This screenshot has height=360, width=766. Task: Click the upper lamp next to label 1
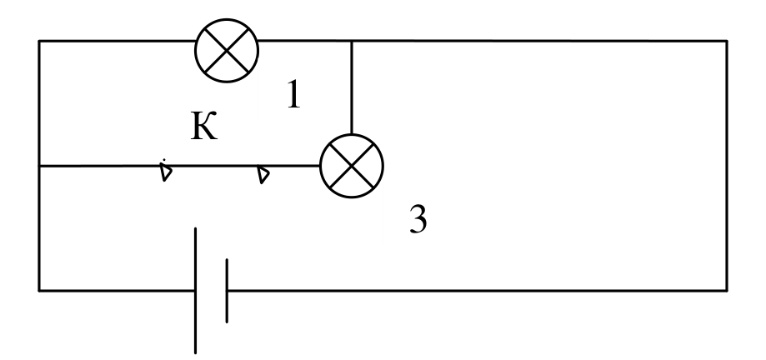click(227, 50)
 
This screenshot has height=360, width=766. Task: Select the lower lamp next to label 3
click(352, 166)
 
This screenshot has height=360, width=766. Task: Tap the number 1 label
click(293, 94)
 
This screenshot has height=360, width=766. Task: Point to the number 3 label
click(418, 219)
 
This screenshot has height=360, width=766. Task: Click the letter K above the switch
click(203, 126)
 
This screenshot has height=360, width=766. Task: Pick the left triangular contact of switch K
click(166, 172)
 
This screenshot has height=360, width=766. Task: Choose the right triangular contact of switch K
click(263, 174)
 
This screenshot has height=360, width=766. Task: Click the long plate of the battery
click(195, 290)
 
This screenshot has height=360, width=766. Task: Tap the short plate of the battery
click(227, 291)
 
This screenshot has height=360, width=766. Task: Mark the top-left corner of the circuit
click(39, 41)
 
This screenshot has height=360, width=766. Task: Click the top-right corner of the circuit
click(727, 41)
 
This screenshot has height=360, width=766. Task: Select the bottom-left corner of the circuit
click(39, 291)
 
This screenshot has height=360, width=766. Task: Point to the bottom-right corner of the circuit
click(727, 291)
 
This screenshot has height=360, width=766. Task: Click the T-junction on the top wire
click(352, 41)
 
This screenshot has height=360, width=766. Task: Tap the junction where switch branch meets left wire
click(39, 166)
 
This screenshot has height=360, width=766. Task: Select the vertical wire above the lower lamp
click(352, 88)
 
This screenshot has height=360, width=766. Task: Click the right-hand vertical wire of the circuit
click(727, 166)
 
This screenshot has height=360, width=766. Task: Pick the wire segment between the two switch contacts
click(215, 166)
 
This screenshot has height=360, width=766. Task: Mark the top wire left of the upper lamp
click(118, 41)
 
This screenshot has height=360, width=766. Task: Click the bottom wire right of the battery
click(477, 291)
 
